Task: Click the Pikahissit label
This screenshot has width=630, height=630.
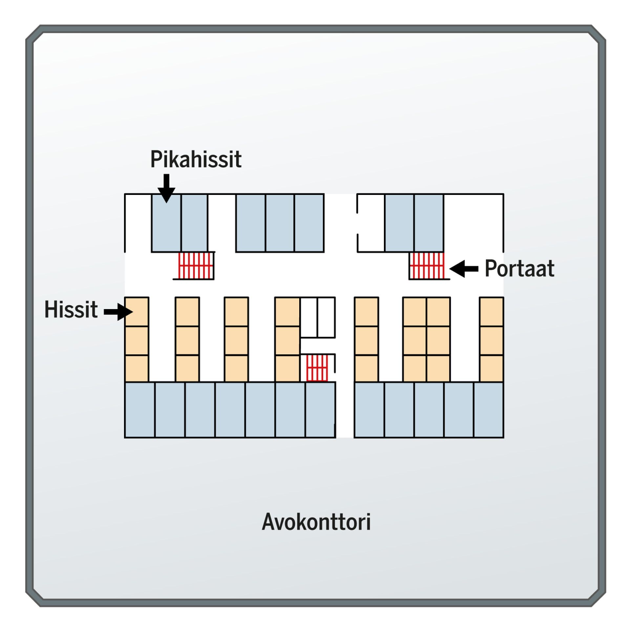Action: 196,159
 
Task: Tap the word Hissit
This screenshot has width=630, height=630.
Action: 71,309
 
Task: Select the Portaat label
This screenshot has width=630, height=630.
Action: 519,268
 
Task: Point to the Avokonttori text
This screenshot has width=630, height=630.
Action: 316,522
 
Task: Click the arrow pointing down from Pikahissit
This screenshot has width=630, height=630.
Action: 166,188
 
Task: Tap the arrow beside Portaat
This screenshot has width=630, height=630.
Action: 464,269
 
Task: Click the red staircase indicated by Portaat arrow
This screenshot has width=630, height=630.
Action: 427,265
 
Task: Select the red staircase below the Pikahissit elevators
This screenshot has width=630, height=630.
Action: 196,265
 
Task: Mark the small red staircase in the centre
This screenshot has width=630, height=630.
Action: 317,368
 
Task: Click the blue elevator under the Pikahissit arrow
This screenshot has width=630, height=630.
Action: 166,223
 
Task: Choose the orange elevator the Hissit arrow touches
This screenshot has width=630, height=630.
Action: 137,312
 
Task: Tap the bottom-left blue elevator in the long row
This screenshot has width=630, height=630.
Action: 140,409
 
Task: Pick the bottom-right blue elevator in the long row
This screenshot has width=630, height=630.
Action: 489,409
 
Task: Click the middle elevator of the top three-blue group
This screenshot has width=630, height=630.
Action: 280,223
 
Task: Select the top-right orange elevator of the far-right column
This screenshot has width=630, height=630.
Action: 491,312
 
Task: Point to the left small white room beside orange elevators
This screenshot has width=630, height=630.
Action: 309,317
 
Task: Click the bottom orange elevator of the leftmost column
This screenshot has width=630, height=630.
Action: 137,368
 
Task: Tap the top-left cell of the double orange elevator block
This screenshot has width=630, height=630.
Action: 415,312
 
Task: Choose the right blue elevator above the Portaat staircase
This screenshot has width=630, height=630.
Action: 429,223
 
